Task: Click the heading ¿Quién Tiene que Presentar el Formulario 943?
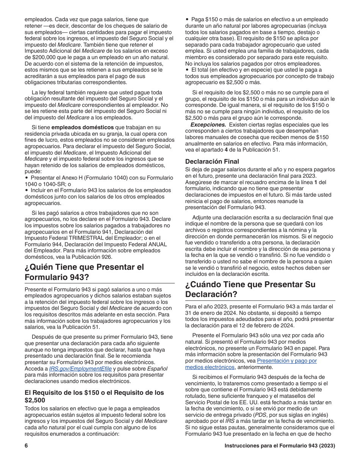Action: pyautogui.click(x=84, y=272)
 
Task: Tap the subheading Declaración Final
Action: pyautogui.click(x=212, y=161)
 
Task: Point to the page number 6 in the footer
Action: pyautogui.click(x=27, y=446)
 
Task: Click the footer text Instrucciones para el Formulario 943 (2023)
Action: pyautogui.click(x=280, y=446)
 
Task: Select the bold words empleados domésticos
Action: pyautogui.click(x=83, y=127)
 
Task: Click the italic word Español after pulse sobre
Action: pyautogui.click(x=157, y=369)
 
